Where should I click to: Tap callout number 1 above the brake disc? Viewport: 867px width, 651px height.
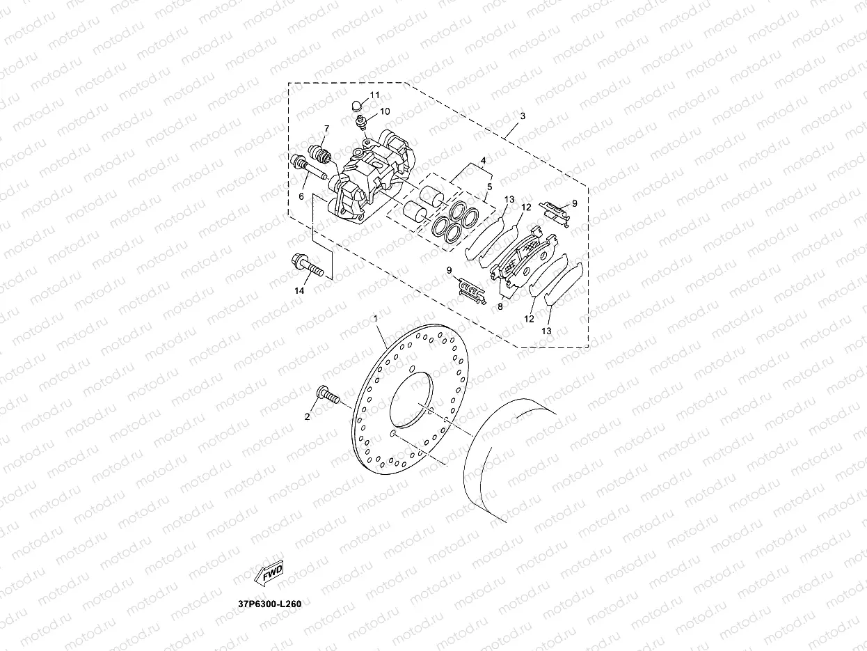point(376,319)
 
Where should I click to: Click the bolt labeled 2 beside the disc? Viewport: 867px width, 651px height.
point(328,395)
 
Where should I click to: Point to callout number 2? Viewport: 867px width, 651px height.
point(306,417)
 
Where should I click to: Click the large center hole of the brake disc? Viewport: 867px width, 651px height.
point(412,402)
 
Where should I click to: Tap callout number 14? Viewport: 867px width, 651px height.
point(299,291)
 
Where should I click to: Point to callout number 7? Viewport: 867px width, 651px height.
point(325,130)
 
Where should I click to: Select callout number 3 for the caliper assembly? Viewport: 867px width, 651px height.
point(523,116)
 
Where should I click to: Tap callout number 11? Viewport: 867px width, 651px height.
point(374,95)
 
